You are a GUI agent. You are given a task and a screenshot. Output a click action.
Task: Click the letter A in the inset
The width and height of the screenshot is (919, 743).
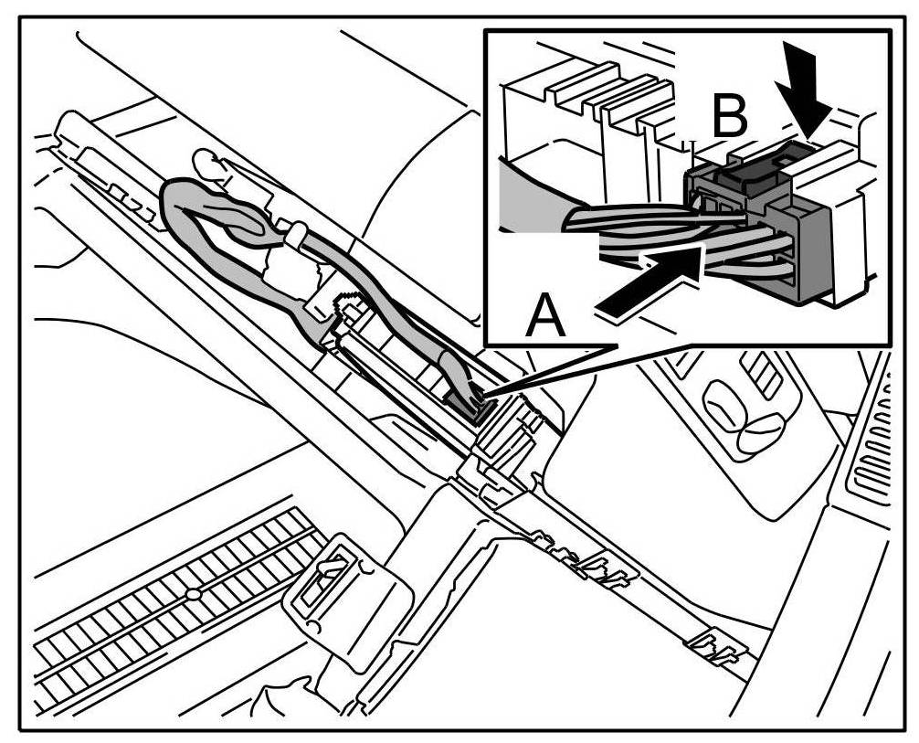click(x=545, y=319)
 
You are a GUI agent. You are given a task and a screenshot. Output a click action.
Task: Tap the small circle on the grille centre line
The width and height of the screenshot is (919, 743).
click(x=193, y=595)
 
